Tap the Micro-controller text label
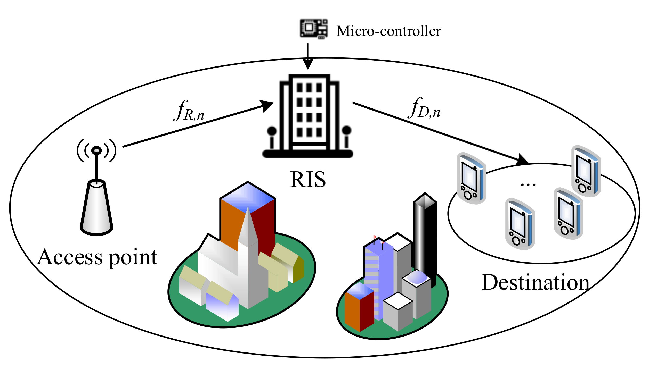(388, 31)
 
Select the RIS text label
(308, 180)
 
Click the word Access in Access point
(70, 257)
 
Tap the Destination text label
(535, 283)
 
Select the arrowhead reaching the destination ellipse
(522, 160)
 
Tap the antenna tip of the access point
(96, 150)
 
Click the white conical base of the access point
(96, 209)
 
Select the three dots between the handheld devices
(528, 185)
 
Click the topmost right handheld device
(586, 171)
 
